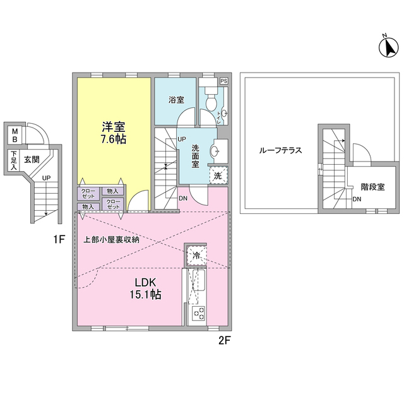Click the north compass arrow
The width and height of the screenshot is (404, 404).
[389, 47]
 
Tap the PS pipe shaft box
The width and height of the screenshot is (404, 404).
[223, 81]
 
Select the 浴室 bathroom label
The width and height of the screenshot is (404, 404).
[176, 100]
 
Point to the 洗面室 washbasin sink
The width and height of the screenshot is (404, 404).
[215, 150]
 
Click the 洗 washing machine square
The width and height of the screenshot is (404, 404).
[218, 175]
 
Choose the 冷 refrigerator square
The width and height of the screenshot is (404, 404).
[196, 255]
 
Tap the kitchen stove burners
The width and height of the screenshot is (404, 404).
[199, 313]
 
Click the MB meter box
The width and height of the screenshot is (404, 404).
[15, 135]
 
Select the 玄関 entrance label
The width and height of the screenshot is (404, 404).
[32, 160]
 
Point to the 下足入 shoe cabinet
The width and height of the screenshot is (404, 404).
[13, 160]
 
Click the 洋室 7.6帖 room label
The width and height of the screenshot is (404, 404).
[114, 133]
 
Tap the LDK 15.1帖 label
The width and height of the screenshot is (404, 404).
[146, 288]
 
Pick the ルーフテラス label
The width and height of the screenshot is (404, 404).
[280, 150]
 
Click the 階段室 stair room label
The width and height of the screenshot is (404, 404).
[372, 187]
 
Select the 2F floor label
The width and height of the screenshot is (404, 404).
[224, 341]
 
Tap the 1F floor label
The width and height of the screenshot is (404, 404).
[59, 240]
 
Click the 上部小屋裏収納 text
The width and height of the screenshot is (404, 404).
[111, 240]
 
